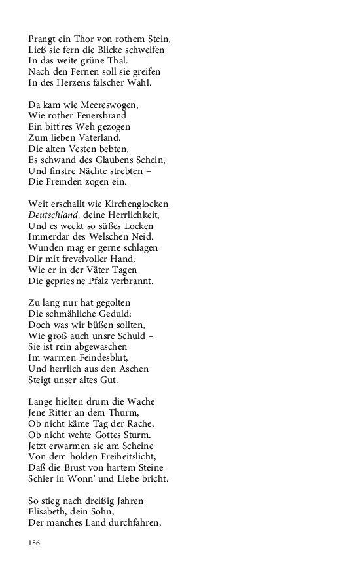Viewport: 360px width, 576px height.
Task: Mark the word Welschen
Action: tap(113, 237)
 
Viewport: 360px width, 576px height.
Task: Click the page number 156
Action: tap(35, 543)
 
